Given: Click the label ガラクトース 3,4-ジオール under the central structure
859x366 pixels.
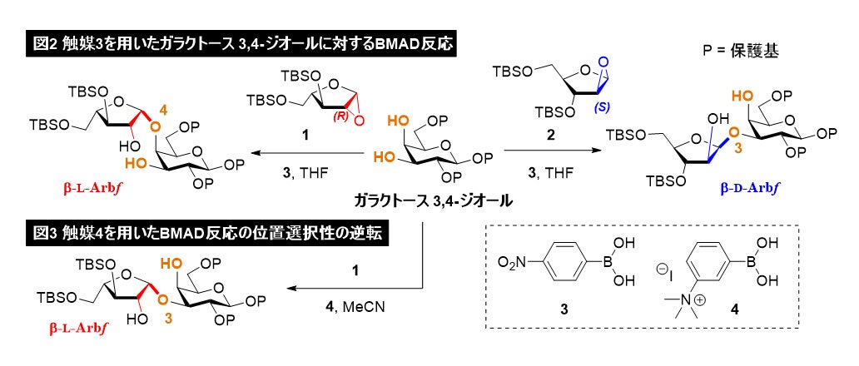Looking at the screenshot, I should [433, 200].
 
